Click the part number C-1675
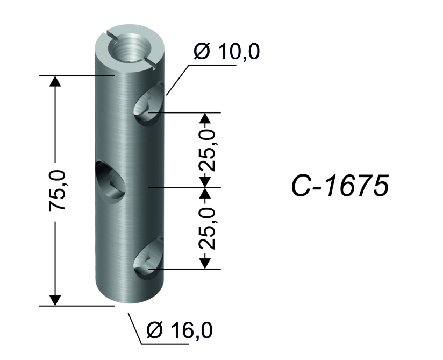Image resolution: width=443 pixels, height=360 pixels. pos(340,185)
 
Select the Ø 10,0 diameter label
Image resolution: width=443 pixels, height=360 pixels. pos(226,52)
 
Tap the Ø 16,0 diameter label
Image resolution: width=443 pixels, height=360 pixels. pos(180,330)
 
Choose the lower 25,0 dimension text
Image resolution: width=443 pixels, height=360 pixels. pos(208,228)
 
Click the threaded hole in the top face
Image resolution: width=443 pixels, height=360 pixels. pos(130,47)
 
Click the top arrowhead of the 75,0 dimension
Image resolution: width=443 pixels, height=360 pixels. pos(55,81)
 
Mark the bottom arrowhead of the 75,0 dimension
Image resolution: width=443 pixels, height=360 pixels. pos(55,300)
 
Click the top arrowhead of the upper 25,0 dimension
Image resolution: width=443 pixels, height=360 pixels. pos(205,118)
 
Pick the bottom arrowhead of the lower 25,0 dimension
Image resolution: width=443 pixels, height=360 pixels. pos(205,263)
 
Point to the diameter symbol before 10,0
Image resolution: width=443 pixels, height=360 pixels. pos(202,52)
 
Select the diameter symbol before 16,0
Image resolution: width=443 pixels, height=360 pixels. pos(154,330)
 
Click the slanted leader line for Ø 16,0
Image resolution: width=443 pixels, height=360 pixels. pos(135,329)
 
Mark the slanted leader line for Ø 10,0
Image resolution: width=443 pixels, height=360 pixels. pos(177,80)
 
